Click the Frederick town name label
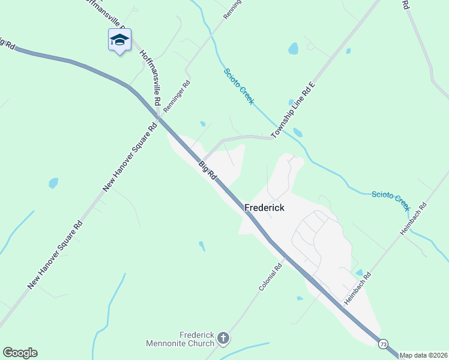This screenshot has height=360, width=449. click(264, 208)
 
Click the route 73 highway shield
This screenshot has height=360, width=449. click(384, 344)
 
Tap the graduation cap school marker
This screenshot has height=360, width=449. click(119, 40)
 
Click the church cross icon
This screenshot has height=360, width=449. click(223, 339)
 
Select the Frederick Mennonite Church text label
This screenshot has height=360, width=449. click(180, 339)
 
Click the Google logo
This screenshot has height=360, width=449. click(20, 353)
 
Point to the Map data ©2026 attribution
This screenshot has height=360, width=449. click(423, 355)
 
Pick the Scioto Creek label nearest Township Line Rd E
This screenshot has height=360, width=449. click(240, 86)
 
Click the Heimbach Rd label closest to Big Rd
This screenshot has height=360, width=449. click(358, 288)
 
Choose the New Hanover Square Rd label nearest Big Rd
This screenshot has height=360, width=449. click(130, 155)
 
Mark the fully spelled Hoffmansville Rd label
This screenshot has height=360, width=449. click(150, 78)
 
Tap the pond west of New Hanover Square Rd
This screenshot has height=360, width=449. click(53, 182)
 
